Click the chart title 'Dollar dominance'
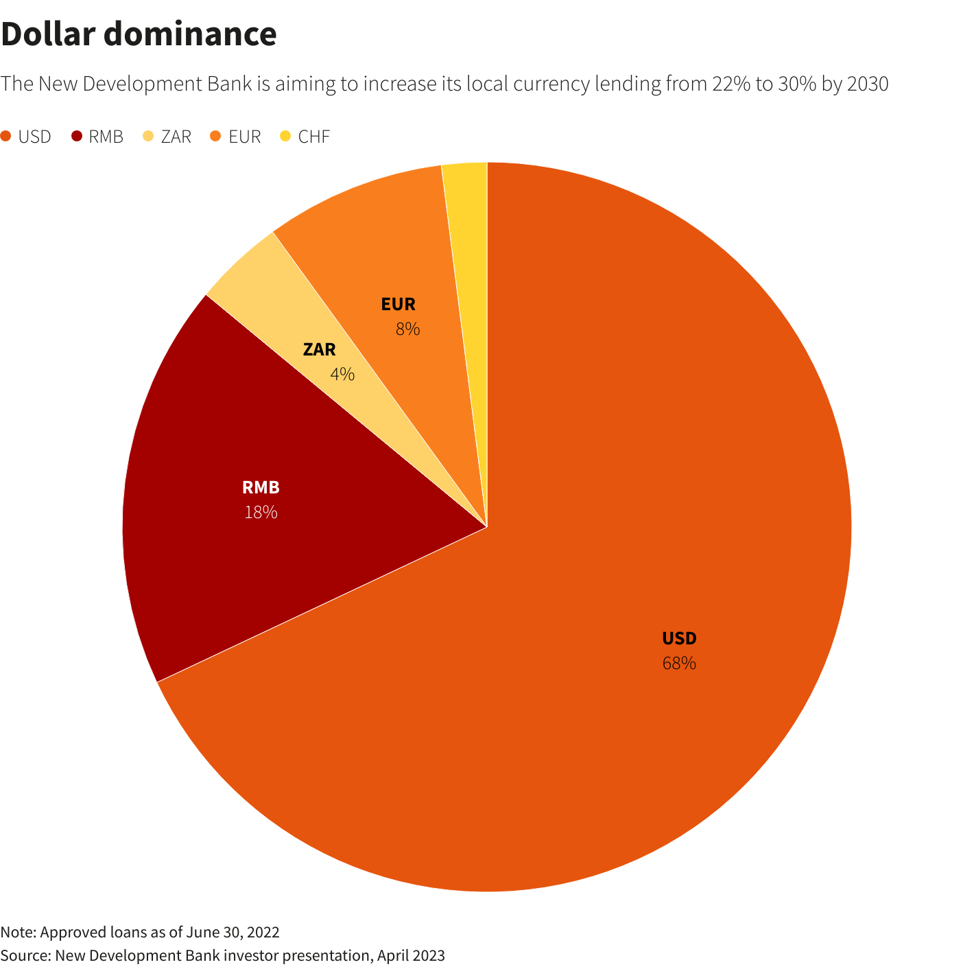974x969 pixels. coord(139,34)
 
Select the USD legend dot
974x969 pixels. coord(6,137)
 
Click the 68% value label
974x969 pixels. coord(679,664)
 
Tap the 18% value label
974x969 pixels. coord(261,512)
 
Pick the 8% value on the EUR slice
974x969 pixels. coord(407,329)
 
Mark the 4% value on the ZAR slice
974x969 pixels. coord(342,375)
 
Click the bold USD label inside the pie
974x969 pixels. coord(679,639)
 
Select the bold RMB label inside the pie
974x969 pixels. coord(261,488)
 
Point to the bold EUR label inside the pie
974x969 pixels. coord(399,304)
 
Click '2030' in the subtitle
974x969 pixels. coord(868,84)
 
